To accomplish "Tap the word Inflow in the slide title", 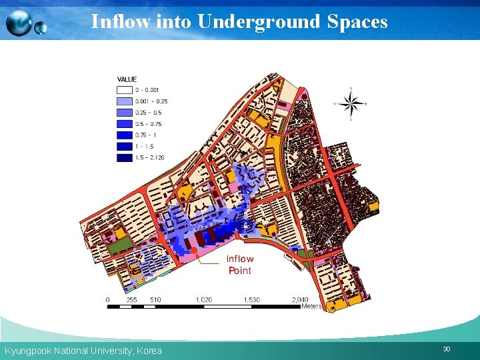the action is tap(121, 22).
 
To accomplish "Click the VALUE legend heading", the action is tap(127, 79).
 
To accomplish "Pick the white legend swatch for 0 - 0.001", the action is tap(125, 90).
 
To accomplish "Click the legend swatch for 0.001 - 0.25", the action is tap(125, 101).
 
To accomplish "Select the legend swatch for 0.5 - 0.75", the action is tap(125, 124).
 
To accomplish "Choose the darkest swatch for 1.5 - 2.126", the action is tap(125, 158).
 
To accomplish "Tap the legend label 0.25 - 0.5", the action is tap(149, 113).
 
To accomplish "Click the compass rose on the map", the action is tap(351, 103).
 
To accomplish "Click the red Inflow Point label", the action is tap(240, 265).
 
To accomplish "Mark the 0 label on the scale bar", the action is tap(108, 300).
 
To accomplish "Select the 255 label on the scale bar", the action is tap(132, 300).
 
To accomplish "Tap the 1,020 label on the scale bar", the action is tap(204, 300).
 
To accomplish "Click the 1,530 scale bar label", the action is tap(251, 300).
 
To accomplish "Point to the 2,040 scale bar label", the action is tap(300, 300).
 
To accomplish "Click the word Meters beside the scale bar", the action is tap(311, 307).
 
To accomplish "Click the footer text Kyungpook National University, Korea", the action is tap(83, 351).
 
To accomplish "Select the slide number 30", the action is tap(447, 349).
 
